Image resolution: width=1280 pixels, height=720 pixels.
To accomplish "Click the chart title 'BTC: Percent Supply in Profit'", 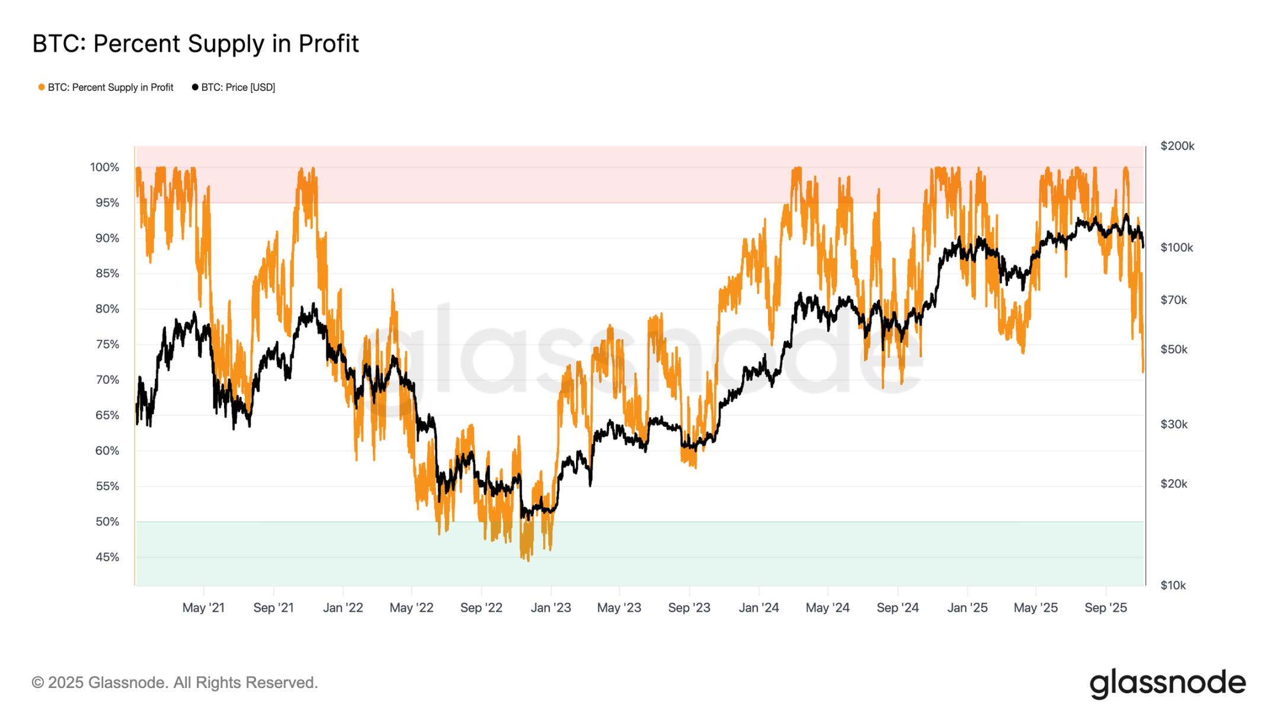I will tap(196, 44).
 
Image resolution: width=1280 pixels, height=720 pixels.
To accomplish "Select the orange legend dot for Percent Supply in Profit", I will tap(41, 88).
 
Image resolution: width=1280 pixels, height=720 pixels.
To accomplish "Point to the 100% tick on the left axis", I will tap(105, 168).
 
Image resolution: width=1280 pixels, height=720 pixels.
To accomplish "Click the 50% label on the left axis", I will tap(107, 522).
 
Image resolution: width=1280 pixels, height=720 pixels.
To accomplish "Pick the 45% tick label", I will tap(107, 558).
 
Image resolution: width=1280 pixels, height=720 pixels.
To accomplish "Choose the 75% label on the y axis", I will tap(107, 345).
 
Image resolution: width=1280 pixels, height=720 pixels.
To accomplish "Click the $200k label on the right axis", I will tap(1177, 146).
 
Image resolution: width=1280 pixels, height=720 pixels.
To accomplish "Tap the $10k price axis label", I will tap(1173, 585).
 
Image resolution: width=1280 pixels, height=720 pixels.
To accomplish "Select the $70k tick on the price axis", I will tap(1173, 300).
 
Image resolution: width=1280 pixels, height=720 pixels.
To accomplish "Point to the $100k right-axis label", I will tap(1176, 248).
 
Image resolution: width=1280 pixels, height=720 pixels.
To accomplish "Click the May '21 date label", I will tap(203, 608).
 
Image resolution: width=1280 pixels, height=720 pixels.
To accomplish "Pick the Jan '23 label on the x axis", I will tap(551, 608).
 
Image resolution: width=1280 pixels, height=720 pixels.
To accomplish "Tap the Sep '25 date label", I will tap(1105, 608).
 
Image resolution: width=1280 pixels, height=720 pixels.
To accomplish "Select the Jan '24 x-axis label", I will tap(759, 608).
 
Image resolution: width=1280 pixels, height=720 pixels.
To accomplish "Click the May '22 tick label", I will tap(411, 608).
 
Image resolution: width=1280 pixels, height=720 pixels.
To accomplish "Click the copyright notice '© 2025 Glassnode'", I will tap(175, 683).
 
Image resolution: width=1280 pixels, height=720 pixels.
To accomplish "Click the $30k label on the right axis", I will tap(1173, 425).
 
